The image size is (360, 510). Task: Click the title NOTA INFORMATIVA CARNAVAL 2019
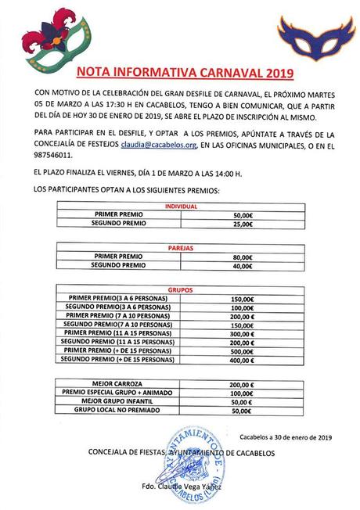pos(184,74)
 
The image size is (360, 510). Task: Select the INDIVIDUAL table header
pos(180,206)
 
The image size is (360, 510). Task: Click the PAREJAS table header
pos(180,248)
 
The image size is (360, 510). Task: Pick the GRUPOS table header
pos(180,289)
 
